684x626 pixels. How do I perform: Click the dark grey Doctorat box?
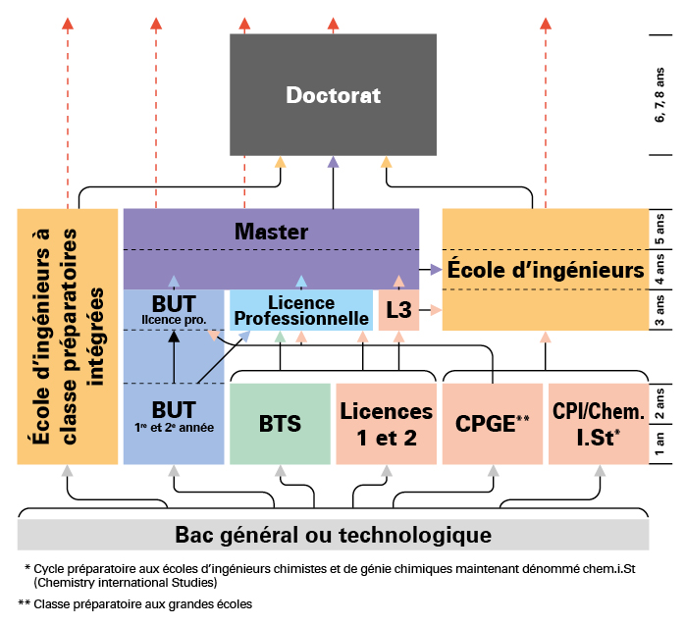[x=333, y=95]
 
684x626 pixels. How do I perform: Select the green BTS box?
[x=280, y=424]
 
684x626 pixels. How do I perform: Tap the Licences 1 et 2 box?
[x=385, y=424]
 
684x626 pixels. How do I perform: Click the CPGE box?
[x=492, y=424]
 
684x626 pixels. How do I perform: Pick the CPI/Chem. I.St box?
[x=598, y=424]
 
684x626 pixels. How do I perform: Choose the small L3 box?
[x=398, y=310]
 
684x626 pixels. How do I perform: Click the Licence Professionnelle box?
[x=300, y=311]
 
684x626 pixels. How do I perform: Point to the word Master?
[x=271, y=233]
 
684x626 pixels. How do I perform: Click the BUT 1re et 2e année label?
[x=174, y=416]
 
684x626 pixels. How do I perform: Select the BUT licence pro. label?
[x=174, y=309]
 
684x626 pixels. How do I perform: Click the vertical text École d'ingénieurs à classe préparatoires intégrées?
[x=68, y=336]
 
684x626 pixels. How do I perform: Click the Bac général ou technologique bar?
[x=333, y=535]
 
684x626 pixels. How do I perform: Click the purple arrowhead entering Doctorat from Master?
[x=333, y=162]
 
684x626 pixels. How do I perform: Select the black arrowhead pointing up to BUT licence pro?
[x=174, y=337]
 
